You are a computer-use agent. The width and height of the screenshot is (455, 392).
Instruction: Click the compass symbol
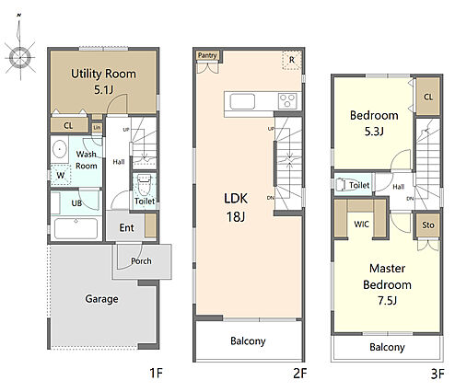click(x=20, y=57)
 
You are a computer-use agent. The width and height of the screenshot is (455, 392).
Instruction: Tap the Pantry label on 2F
click(x=207, y=55)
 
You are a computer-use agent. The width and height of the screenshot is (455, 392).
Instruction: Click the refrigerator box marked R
click(x=292, y=60)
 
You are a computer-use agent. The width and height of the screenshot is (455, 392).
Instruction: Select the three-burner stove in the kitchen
click(x=287, y=101)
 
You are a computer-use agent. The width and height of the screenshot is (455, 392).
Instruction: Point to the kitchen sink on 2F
click(x=242, y=101)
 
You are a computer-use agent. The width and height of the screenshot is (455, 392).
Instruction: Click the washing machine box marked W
click(x=61, y=175)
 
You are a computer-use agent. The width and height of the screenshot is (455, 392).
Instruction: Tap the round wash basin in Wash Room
click(x=60, y=149)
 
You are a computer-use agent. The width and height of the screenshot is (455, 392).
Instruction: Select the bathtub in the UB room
click(x=76, y=228)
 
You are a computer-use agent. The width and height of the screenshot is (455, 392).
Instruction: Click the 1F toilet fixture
click(x=145, y=185)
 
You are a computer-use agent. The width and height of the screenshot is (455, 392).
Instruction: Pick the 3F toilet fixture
click(x=342, y=185)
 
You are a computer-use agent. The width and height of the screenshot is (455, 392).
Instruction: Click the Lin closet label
click(x=97, y=127)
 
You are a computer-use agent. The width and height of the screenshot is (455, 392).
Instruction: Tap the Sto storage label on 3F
click(x=428, y=225)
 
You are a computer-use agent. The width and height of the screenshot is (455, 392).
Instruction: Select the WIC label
click(x=361, y=225)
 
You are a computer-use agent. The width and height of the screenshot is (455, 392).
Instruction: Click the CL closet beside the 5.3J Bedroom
click(x=428, y=97)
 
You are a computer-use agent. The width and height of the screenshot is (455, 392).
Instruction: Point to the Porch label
click(x=141, y=261)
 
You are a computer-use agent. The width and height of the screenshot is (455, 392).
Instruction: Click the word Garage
click(x=101, y=299)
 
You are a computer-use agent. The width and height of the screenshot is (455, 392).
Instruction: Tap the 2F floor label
click(x=299, y=374)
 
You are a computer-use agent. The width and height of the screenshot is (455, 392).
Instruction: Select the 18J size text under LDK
click(x=236, y=217)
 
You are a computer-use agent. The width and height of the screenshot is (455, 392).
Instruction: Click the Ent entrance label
click(x=126, y=227)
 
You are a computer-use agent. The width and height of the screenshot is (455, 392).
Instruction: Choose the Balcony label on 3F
click(x=387, y=347)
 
